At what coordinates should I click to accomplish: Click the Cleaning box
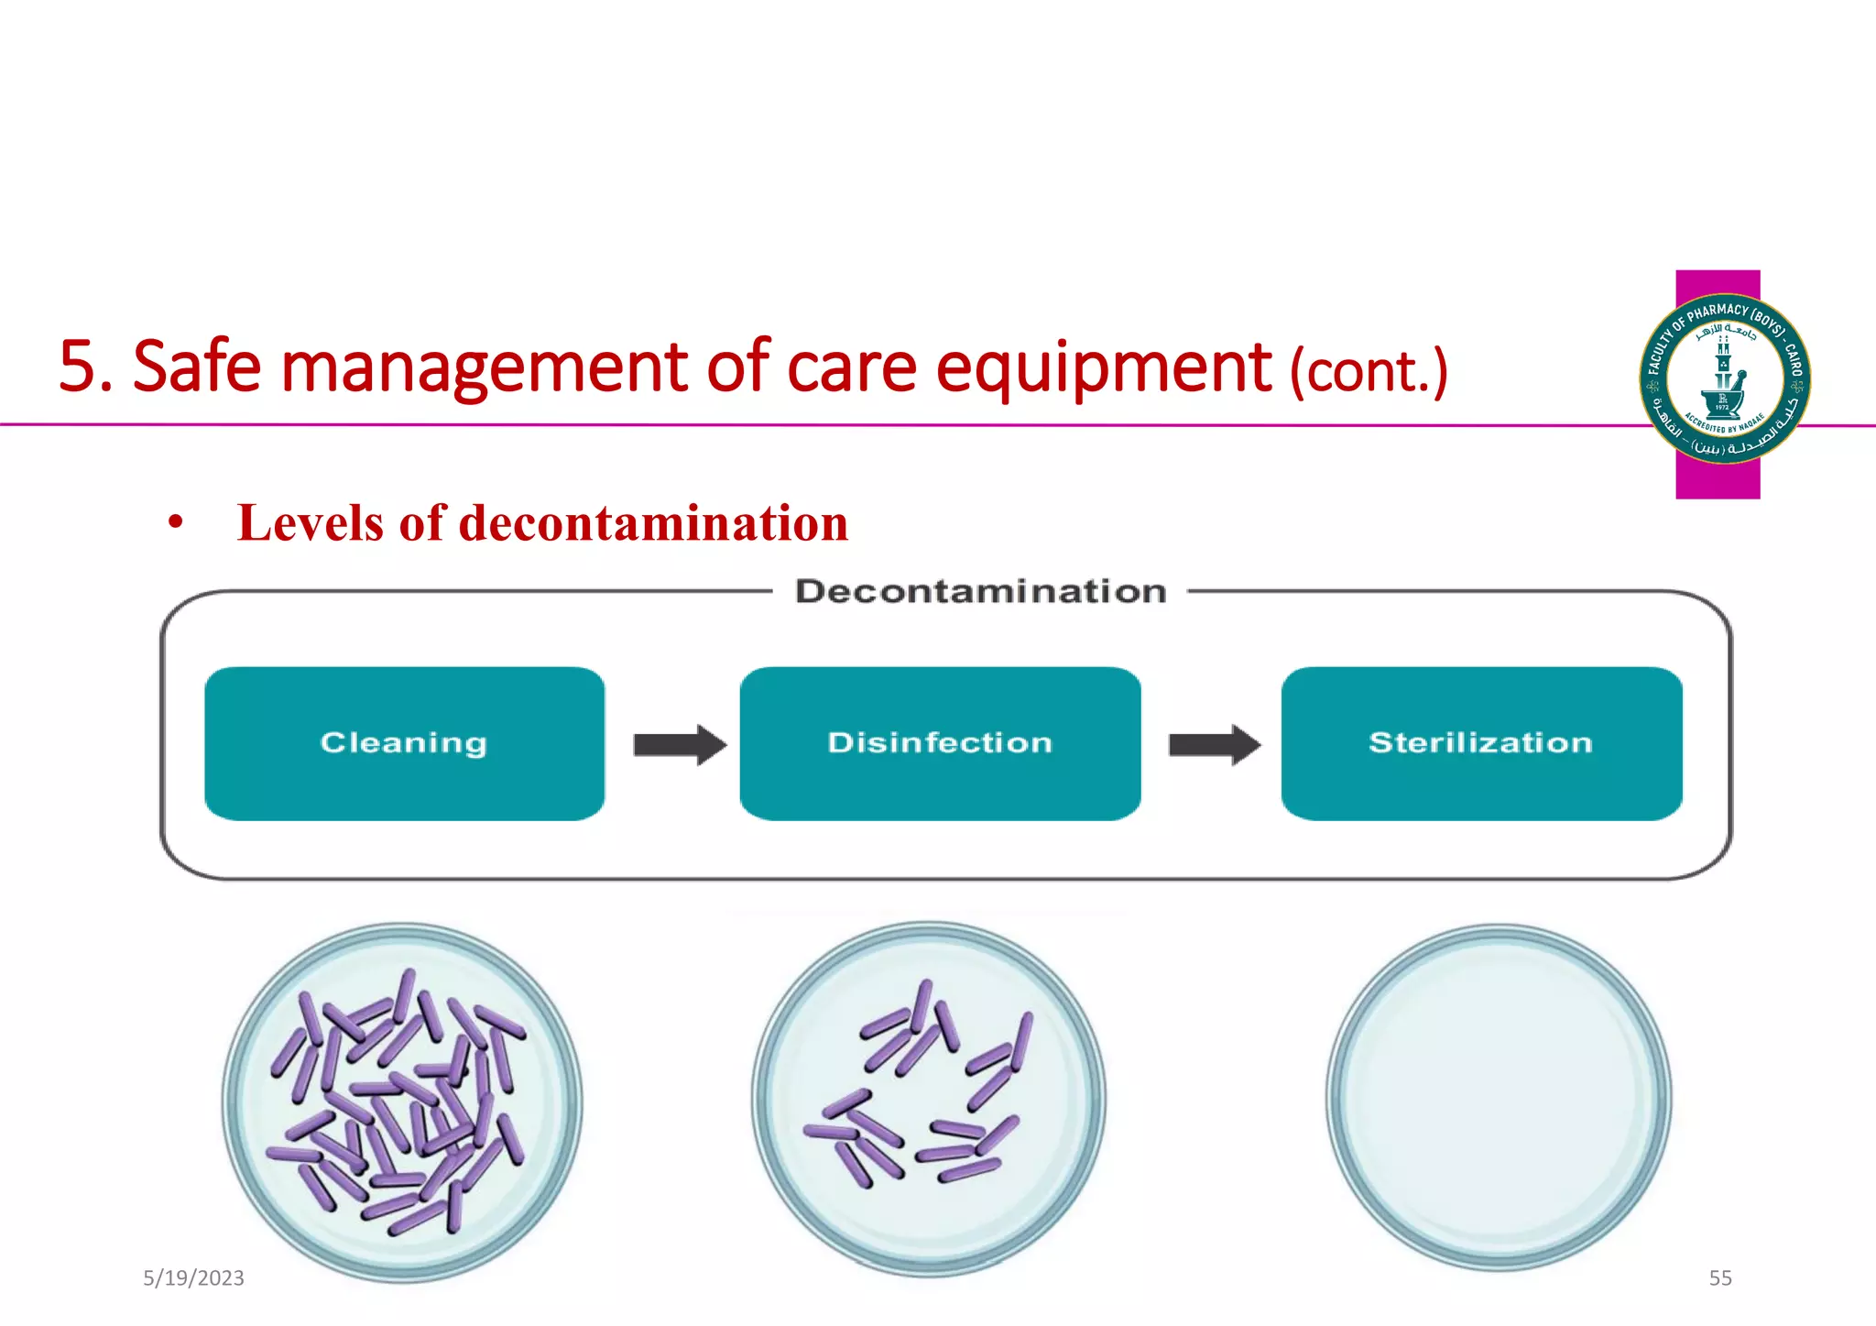coord(404,743)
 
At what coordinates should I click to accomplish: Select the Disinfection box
coord(940,743)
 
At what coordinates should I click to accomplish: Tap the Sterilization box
coord(1481,743)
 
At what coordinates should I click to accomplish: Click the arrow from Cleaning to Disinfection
coord(680,744)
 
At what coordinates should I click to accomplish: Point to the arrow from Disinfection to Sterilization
coord(1215,744)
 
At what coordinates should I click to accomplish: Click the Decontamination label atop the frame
coord(980,592)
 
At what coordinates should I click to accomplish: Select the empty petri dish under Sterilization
coord(1499,1098)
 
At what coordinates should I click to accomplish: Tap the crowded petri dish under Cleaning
coord(402,1101)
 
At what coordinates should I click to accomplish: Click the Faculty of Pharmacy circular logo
coord(1724,378)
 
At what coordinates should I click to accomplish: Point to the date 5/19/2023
coord(193,1278)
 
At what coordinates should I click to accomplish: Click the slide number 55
coord(1720,1278)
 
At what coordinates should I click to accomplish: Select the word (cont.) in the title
coord(1369,371)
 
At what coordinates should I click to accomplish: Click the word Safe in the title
coord(197,367)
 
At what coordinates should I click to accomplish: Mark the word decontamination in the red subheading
coord(653,523)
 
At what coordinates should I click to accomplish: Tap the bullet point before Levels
coord(175,524)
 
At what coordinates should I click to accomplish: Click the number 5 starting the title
coord(75,367)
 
